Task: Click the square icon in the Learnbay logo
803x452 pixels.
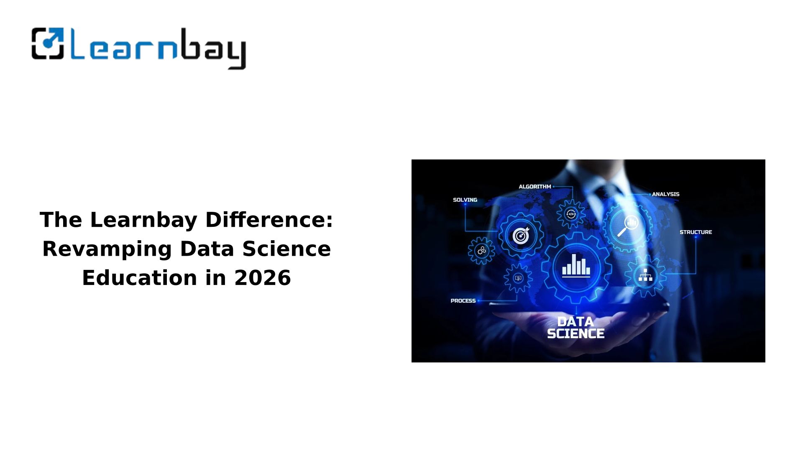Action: point(48,44)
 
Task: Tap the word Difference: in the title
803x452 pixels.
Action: point(269,220)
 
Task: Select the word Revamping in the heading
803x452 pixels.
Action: point(107,249)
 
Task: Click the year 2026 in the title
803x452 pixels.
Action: point(263,278)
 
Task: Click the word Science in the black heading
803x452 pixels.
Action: point(286,249)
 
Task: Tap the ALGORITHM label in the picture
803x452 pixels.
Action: point(535,187)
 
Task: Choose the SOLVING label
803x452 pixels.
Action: point(465,200)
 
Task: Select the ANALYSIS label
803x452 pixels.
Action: point(666,194)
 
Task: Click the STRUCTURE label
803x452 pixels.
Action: point(696,232)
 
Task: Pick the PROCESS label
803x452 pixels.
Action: point(463,301)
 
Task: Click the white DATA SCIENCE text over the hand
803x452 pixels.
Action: point(576,328)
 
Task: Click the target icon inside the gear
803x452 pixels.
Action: point(521,236)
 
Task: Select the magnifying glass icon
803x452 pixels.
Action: point(627,226)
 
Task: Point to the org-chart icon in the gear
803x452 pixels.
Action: point(645,275)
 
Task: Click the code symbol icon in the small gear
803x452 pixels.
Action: point(571,214)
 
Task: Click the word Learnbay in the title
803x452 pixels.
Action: point(143,220)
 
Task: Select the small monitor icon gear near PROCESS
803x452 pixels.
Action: point(518,278)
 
